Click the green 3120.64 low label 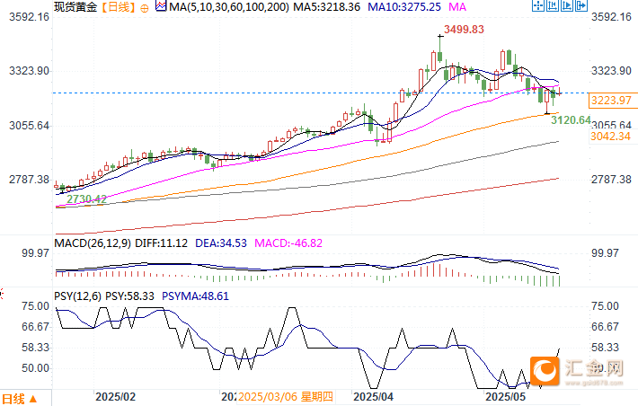click(x=571, y=119)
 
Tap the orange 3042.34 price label click(x=612, y=137)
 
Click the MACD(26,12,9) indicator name click(x=91, y=243)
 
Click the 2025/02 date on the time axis click(x=115, y=396)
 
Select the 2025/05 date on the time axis click(x=505, y=396)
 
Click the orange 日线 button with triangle click(x=20, y=398)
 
